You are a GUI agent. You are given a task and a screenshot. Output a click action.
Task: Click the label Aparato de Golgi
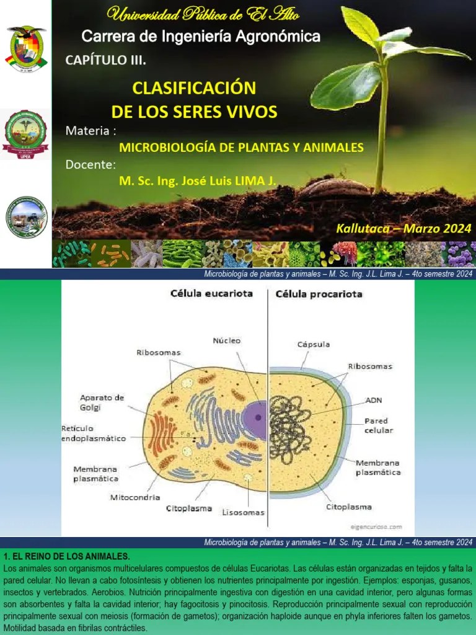point(102,402)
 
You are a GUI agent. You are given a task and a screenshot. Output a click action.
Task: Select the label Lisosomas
point(243,512)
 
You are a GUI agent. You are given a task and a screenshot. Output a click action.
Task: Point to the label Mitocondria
point(135,497)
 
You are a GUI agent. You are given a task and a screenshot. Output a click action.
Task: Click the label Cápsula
point(313,344)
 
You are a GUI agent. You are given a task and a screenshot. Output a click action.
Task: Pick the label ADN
point(374,400)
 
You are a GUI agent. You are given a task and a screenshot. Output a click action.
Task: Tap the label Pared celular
point(378,425)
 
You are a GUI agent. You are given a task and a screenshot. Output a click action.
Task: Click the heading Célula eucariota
point(211,293)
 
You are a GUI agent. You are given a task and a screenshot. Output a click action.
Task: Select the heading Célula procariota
point(319,293)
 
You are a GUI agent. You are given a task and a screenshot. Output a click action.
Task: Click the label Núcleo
point(226,340)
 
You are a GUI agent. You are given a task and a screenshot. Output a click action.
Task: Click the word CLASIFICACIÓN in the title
point(194,87)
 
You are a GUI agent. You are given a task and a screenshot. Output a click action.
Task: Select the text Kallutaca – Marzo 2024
point(403,228)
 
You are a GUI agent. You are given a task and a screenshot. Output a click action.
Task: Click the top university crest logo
point(25,48)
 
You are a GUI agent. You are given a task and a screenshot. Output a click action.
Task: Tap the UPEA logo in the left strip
point(25,134)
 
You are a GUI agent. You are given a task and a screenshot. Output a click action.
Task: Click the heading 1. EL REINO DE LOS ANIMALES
point(67,556)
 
